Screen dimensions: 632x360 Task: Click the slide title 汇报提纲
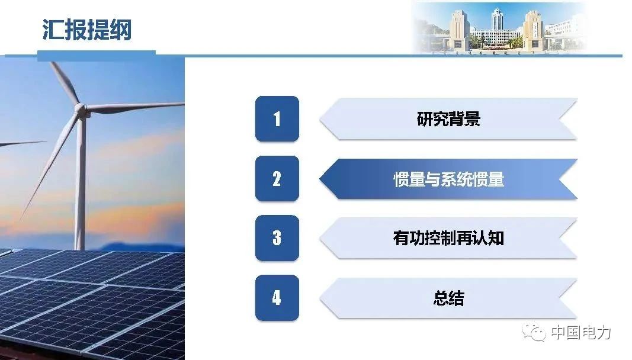[x=86, y=30]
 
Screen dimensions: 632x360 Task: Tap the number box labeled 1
[x=277, y=119]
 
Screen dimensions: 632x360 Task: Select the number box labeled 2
[x=277, y=179]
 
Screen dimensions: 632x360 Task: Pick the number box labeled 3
[x=277, y=238]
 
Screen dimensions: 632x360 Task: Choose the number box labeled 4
[x=277, y=298]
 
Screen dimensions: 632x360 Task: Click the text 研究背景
[x=448, y=119]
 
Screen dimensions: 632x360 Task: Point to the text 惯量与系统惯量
[x=448, y=179]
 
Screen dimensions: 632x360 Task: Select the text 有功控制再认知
[x=448, y=238]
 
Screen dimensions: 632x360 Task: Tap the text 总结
[x=448, y=298]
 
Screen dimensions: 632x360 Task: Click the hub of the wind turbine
[x=82, y=110]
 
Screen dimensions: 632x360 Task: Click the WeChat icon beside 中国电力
[x=534, y=332]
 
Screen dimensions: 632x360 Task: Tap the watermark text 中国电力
[x=581, y=333]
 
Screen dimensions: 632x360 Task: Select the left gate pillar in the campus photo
[x=458, y=30]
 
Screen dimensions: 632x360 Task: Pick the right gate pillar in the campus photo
[x=533, y=30]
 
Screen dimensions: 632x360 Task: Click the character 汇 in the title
[x=53, y=30]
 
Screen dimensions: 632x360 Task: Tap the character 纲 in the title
[x=120, y=30]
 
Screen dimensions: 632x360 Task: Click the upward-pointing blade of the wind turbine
[x=65, y=83]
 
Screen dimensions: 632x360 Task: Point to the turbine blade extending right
[x=136, y=107]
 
